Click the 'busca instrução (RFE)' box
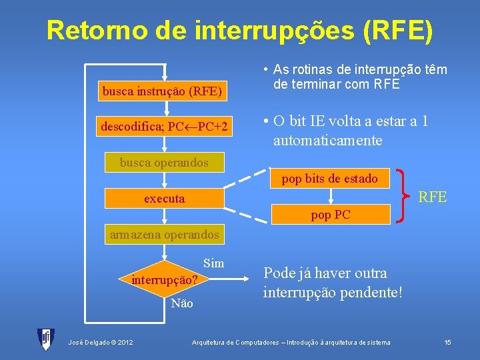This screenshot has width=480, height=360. coord(162,91)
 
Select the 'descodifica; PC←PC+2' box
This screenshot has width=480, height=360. coord(164,127)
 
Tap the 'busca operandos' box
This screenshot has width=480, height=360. coord(164,162)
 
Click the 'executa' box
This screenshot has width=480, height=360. coord(164,199)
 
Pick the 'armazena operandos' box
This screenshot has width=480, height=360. coord(164,235)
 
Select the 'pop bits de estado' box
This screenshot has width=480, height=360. coord(330,178)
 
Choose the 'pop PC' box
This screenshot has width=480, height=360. coord(330,215)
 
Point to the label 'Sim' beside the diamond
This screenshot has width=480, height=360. coord(213,263)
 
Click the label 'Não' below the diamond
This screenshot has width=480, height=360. coord(181,304)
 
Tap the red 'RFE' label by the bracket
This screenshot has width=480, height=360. coord(432,197)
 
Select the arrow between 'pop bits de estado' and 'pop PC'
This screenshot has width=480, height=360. coord(330,196)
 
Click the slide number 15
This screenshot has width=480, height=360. coord(448,342)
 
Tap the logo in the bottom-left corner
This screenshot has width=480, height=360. coord(46,339)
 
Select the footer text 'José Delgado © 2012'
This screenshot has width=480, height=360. coord(101,343)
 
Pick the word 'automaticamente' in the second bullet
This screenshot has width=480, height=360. coord(327,141)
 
